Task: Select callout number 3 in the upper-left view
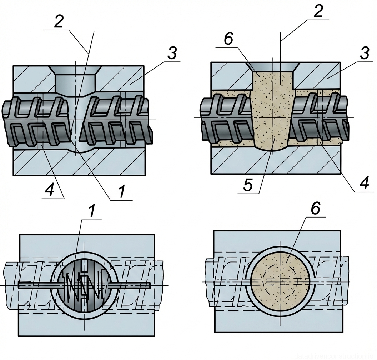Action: pyautogui.click(x=172, y=54)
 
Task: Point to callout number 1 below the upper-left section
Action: pyautogui.click(x=122, y=192)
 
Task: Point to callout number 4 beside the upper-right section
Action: pyautogui.click(x=364, y=184)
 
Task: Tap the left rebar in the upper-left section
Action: pyautogui.click(x=36, y=121)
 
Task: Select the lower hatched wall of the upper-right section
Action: pyautogui.click(x=275, y=162)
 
